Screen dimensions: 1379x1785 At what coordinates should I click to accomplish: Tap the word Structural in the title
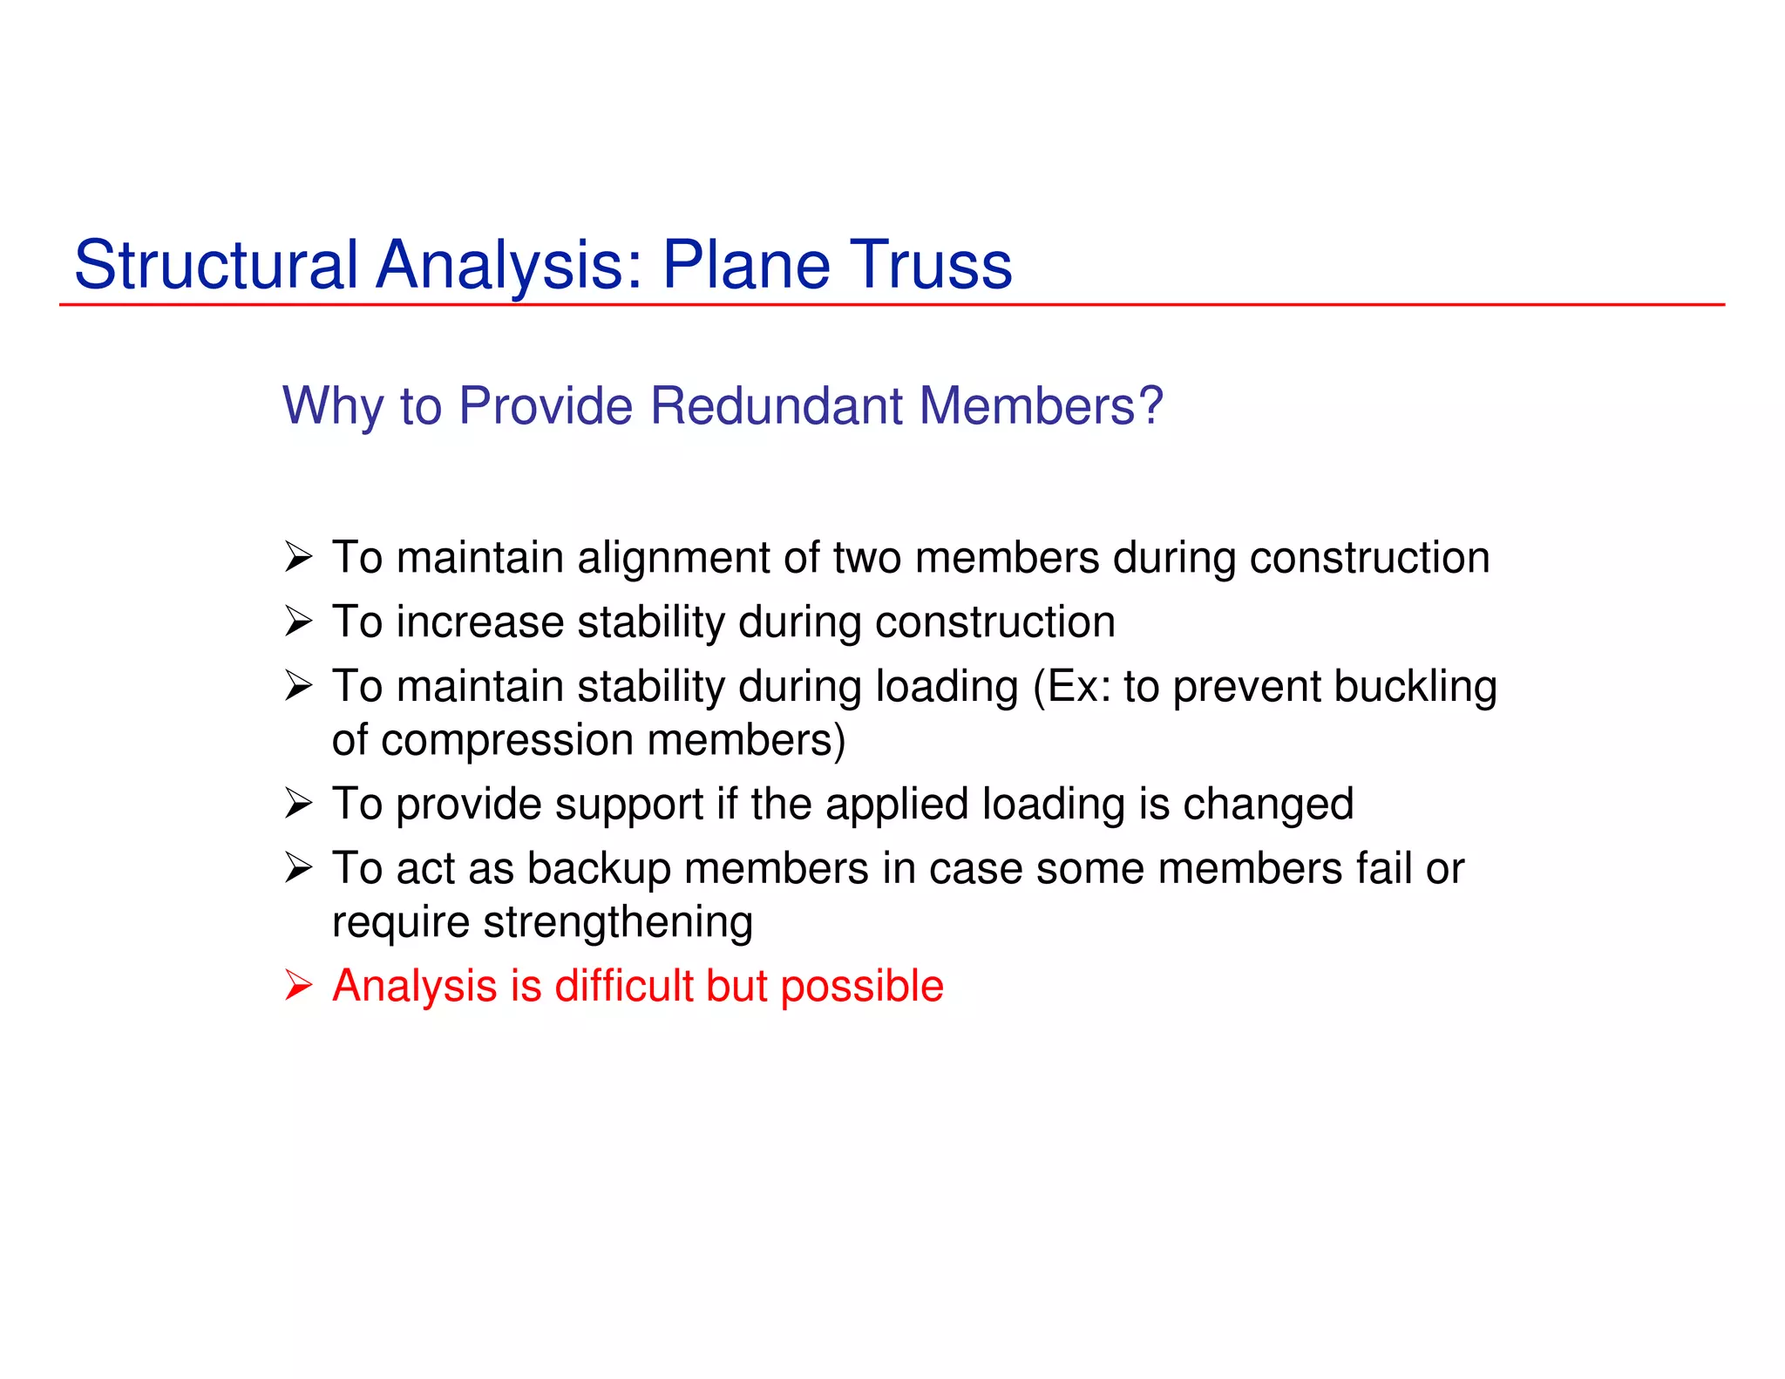click(x=216, y=265)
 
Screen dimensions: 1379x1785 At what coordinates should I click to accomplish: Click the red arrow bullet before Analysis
click(x=298, y=987)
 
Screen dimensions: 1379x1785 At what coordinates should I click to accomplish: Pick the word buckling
click(x=1415, y=687)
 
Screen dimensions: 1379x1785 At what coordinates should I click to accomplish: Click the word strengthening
click(x=618, y=922)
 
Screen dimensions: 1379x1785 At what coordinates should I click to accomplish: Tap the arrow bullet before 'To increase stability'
click(x=298, y=622)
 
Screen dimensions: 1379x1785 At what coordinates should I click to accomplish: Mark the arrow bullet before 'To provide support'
click(x=298, y=804)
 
